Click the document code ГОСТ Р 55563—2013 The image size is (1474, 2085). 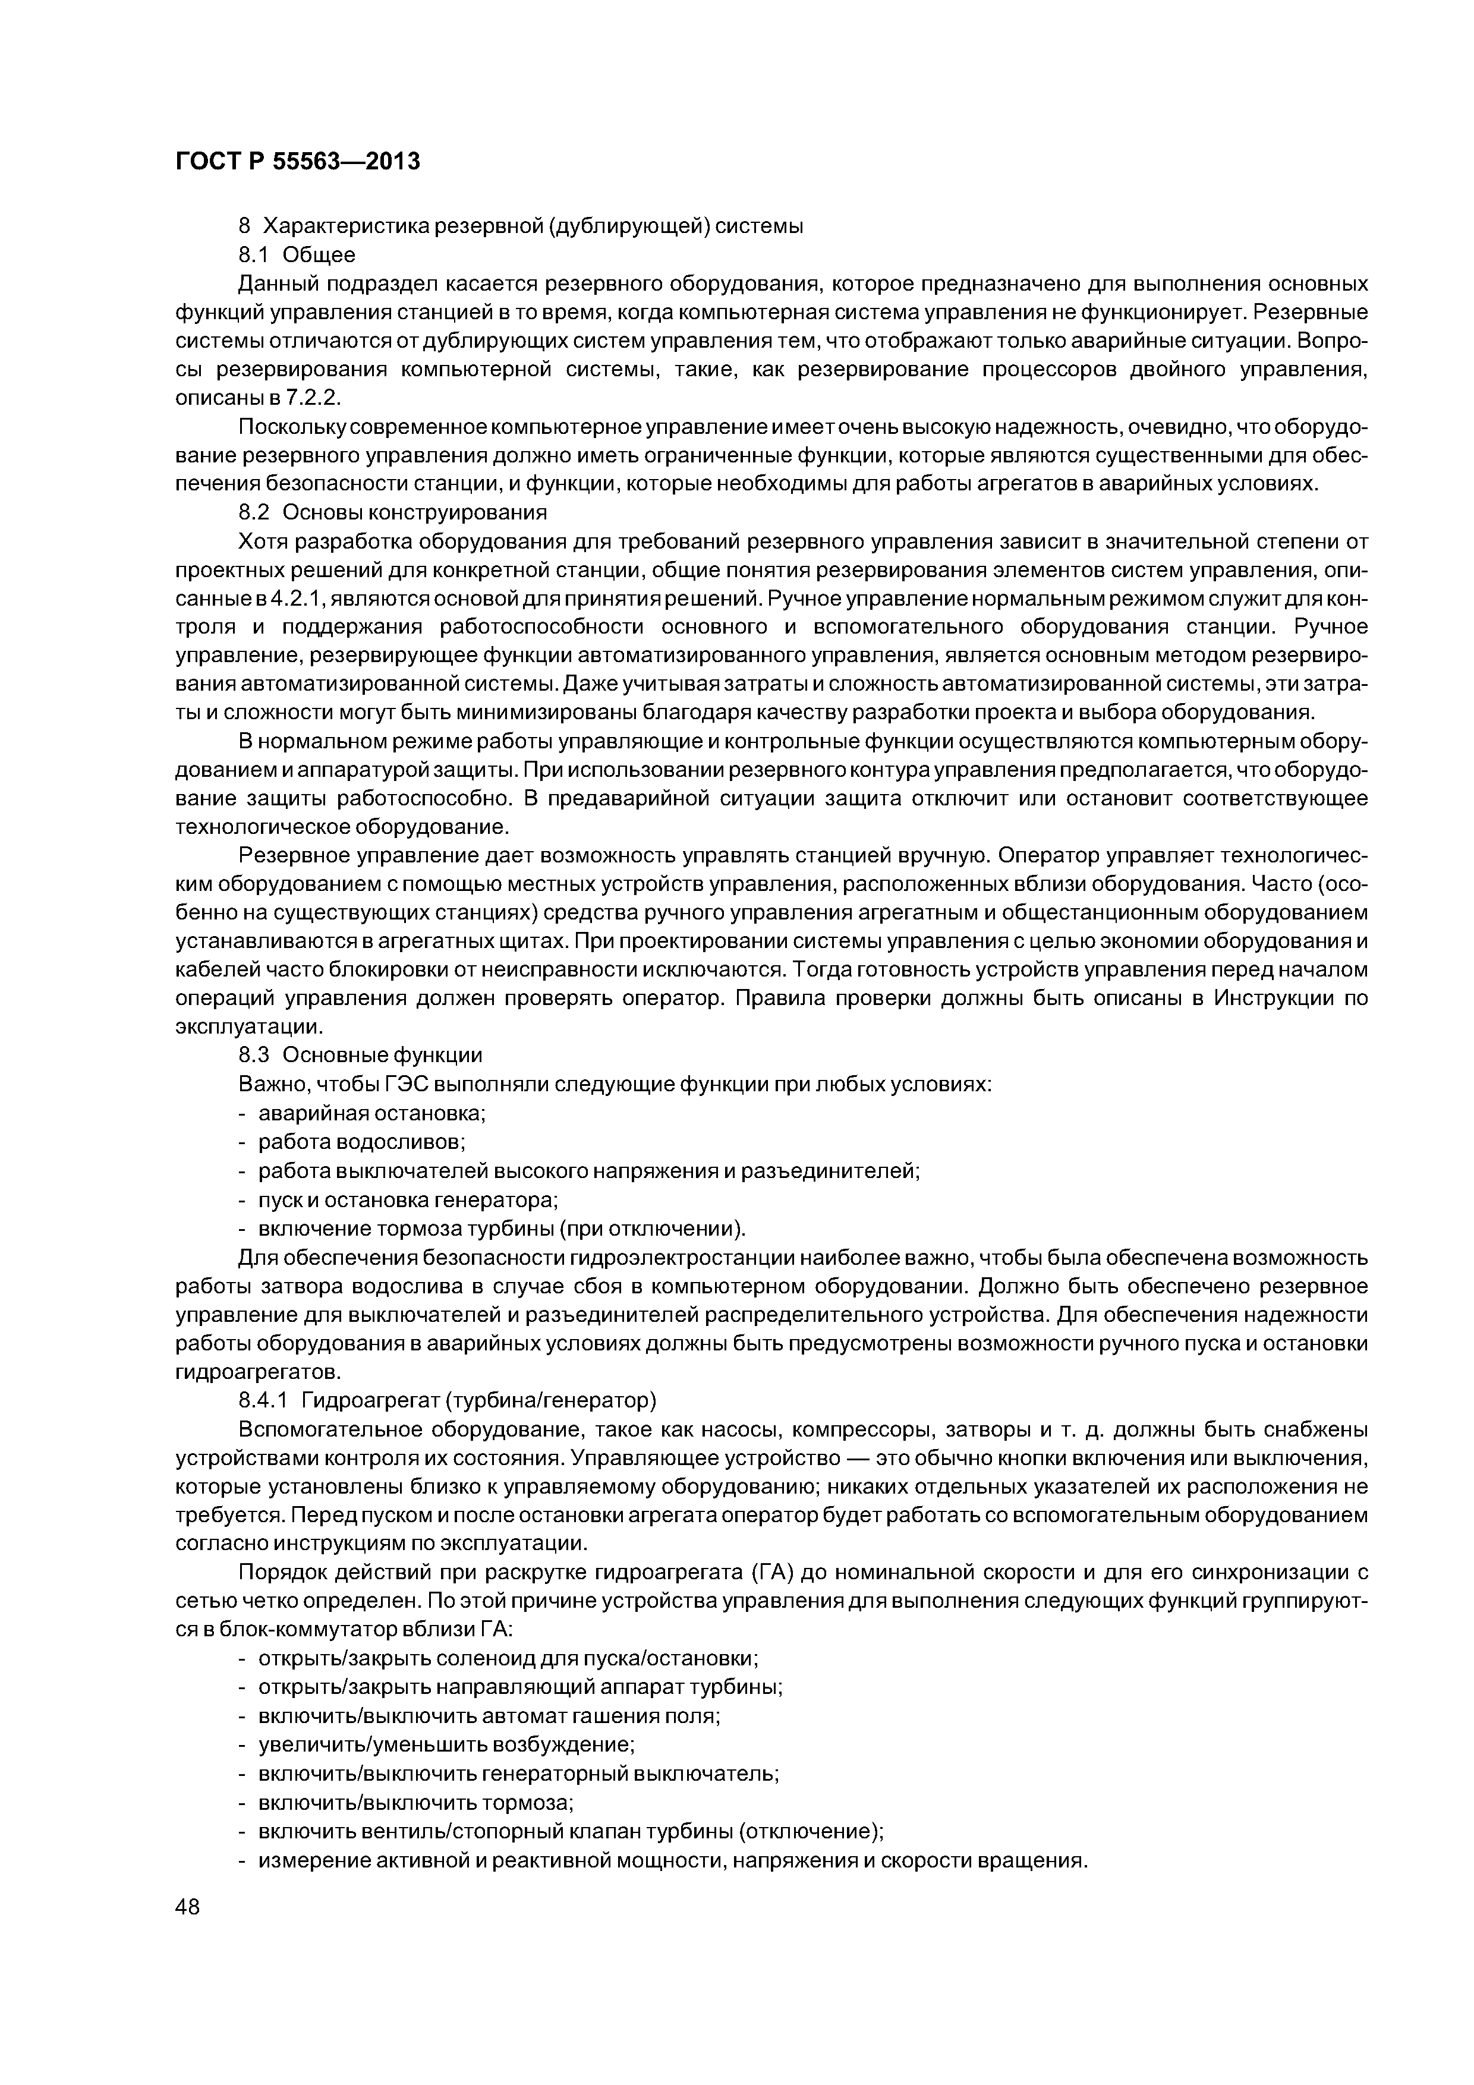click(x=297, y=162)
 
